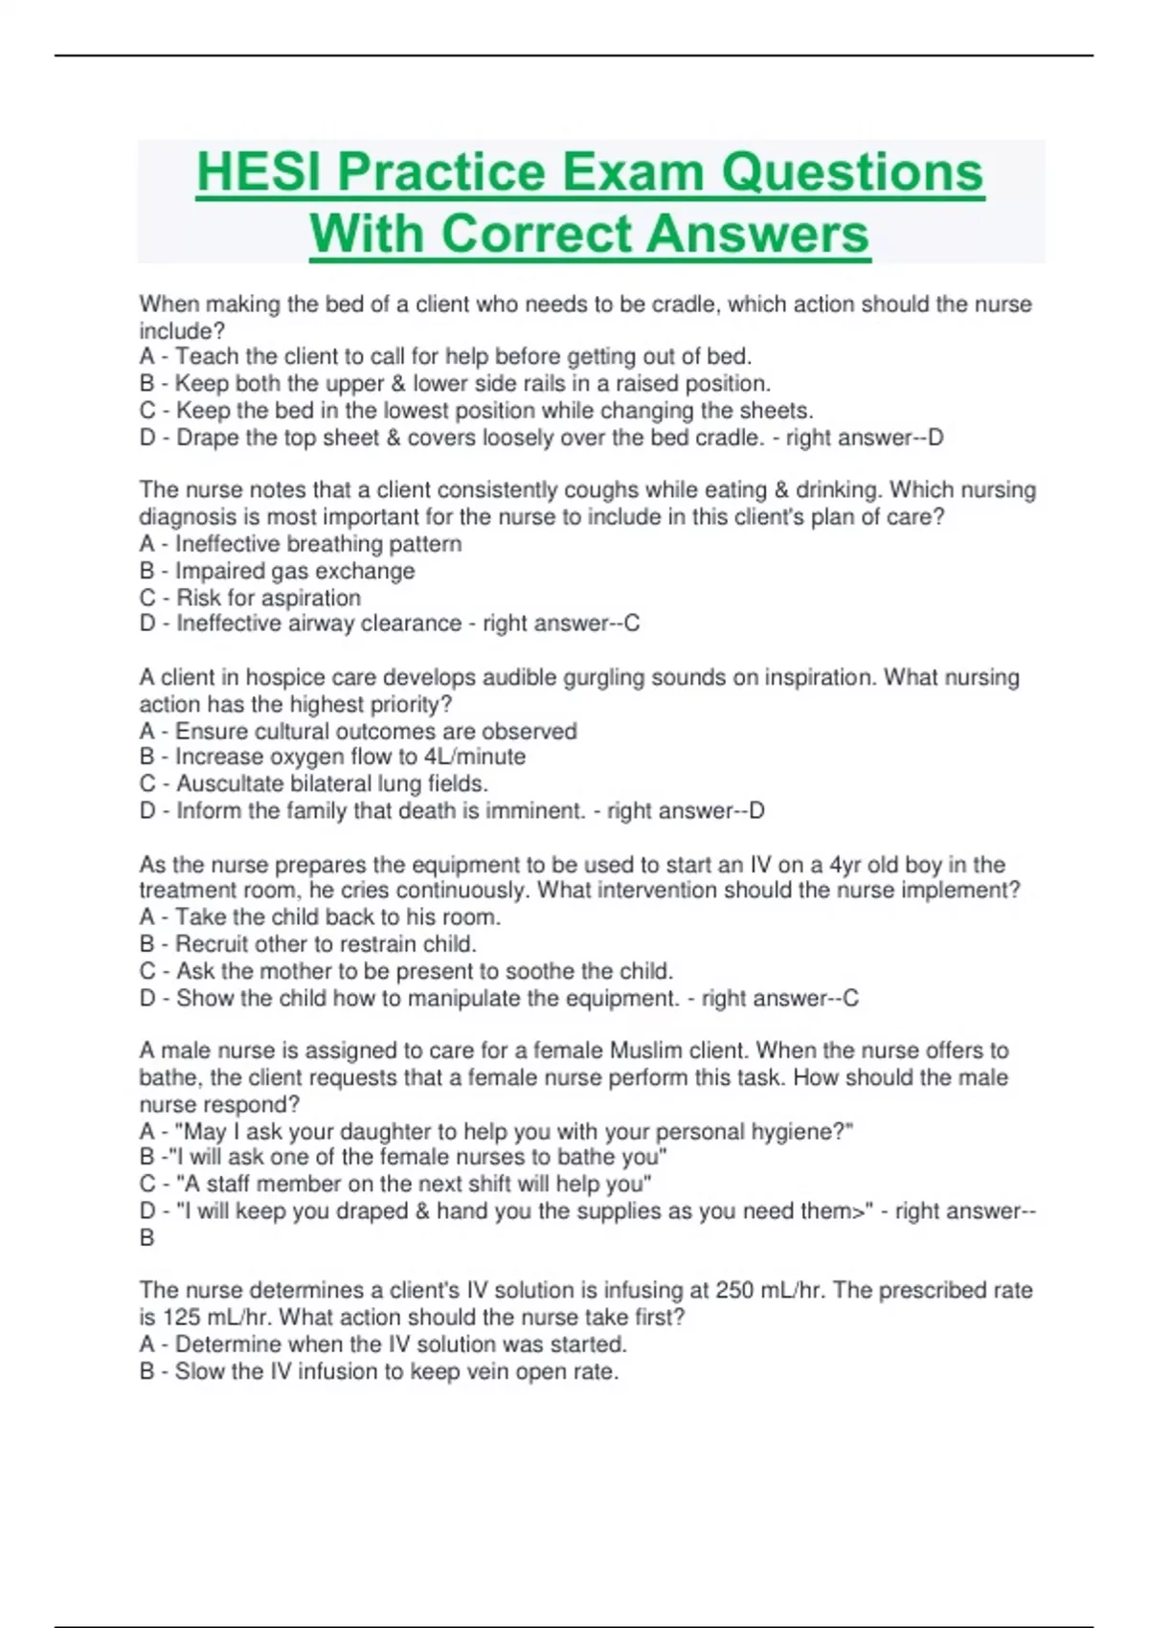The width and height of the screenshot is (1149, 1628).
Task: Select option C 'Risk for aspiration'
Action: (251, 598)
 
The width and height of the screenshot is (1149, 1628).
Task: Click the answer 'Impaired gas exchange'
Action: (278, 571)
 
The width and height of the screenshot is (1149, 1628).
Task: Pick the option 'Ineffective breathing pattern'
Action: (301, 544)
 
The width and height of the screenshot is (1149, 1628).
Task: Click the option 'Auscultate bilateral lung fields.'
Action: (314, 783)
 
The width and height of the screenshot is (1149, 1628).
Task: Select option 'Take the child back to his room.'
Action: (320, 916)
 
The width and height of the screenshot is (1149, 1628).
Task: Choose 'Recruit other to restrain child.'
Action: (307, 943)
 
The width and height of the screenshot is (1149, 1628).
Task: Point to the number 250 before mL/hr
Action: (734, 1290)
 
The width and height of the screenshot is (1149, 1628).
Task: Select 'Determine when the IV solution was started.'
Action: (383, 1344)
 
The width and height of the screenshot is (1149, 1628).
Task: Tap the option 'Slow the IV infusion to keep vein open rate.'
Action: (379, 1371)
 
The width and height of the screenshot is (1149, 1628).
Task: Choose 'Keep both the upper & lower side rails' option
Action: (455, 384)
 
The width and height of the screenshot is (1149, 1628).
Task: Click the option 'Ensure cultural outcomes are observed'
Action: (358, 731)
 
